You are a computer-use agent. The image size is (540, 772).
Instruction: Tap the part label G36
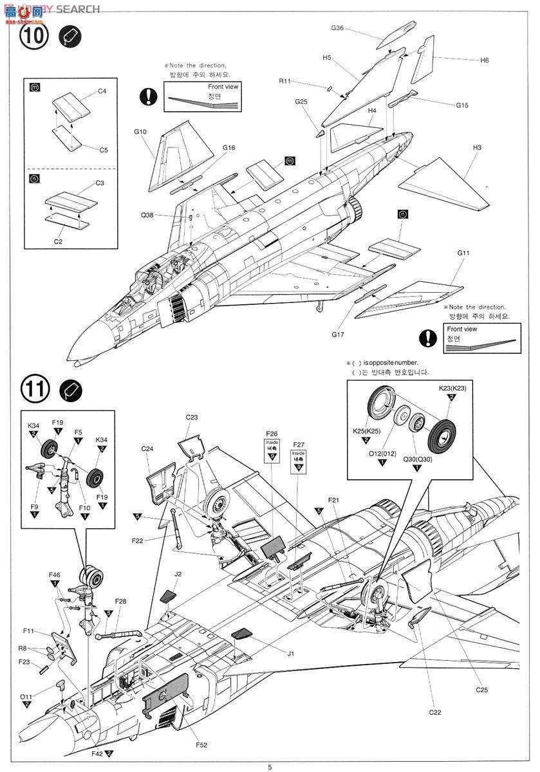(x=337, y=28)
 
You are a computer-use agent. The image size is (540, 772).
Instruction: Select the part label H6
(x=484, y=60)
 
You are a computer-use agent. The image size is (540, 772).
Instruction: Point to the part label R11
(x=284, y=82)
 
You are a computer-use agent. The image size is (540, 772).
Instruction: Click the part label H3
(x=476, y=147)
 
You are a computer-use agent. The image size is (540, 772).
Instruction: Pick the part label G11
(x=463, y=253)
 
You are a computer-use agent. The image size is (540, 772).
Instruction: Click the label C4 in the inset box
(x=102, y=91)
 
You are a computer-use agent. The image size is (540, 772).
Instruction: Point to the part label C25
(x=482, y=689)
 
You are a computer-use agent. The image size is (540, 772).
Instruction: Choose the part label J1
(x=290, y=654)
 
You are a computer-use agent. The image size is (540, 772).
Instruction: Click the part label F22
(x=137, y=541)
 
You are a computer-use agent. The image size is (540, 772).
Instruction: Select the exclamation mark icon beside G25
(x=149, y=97)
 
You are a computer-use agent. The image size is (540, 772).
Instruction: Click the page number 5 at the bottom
(x=270, y=766)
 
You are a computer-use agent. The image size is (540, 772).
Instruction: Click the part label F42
(x=98, y=753)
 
